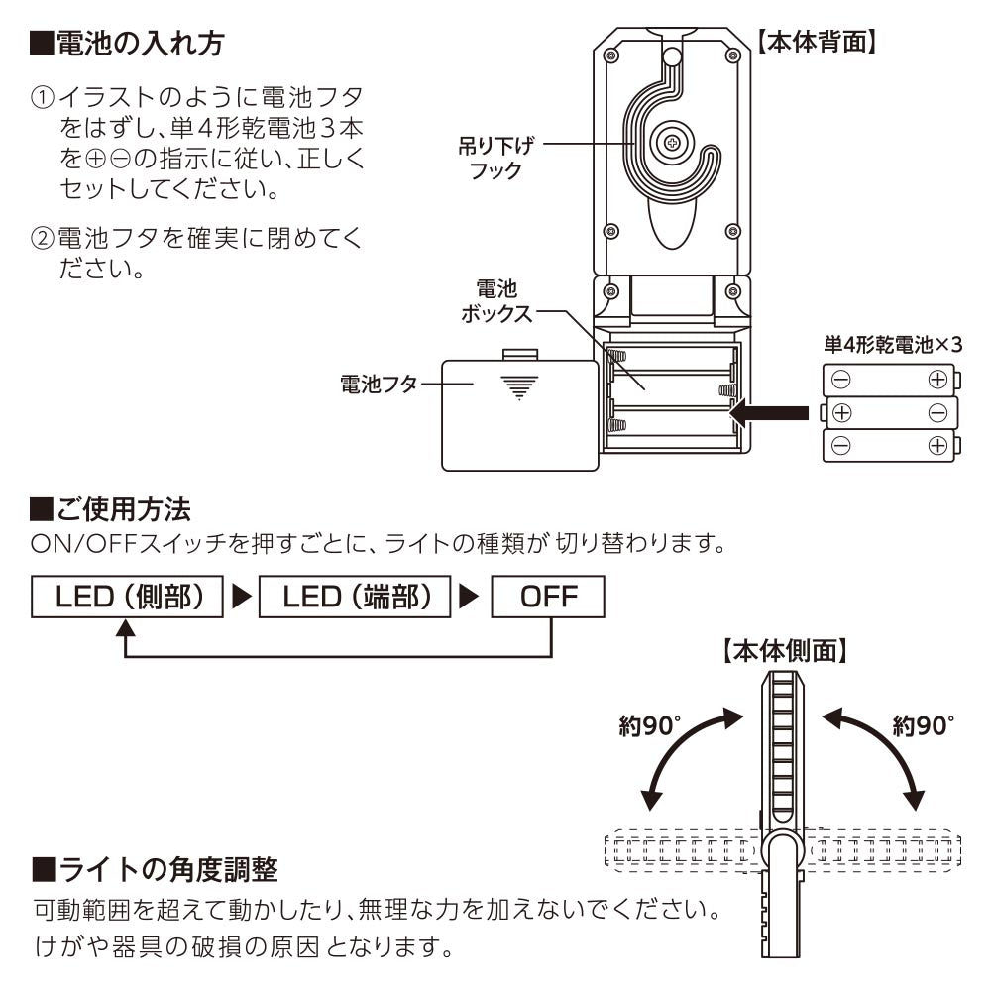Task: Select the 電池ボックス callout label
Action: click(496, 302)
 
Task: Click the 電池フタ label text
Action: click(378, 385)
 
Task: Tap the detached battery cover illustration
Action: click(519, 413)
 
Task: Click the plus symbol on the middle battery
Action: click(841, 412)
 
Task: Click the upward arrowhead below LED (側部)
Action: click(125, 628)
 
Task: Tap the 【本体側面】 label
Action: click(783, 651)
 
